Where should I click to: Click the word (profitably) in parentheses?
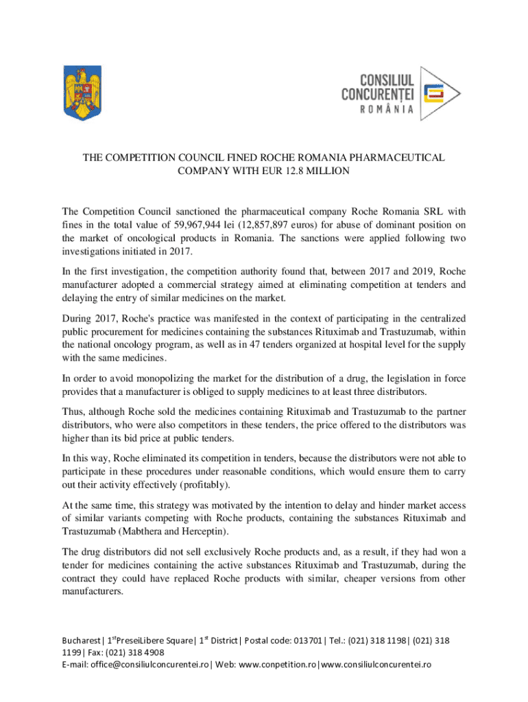tap(202, 485)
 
